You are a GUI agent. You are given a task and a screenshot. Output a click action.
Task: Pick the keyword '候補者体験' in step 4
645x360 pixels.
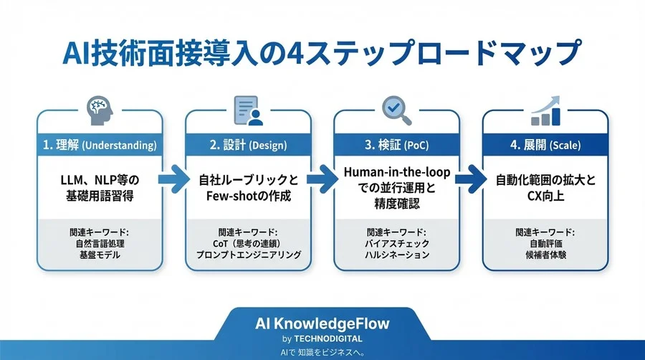pyautogui.click(x=545, y=255)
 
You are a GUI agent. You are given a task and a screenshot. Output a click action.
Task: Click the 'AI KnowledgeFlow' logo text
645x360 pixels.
pyautogui.click(x=322, y=323)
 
